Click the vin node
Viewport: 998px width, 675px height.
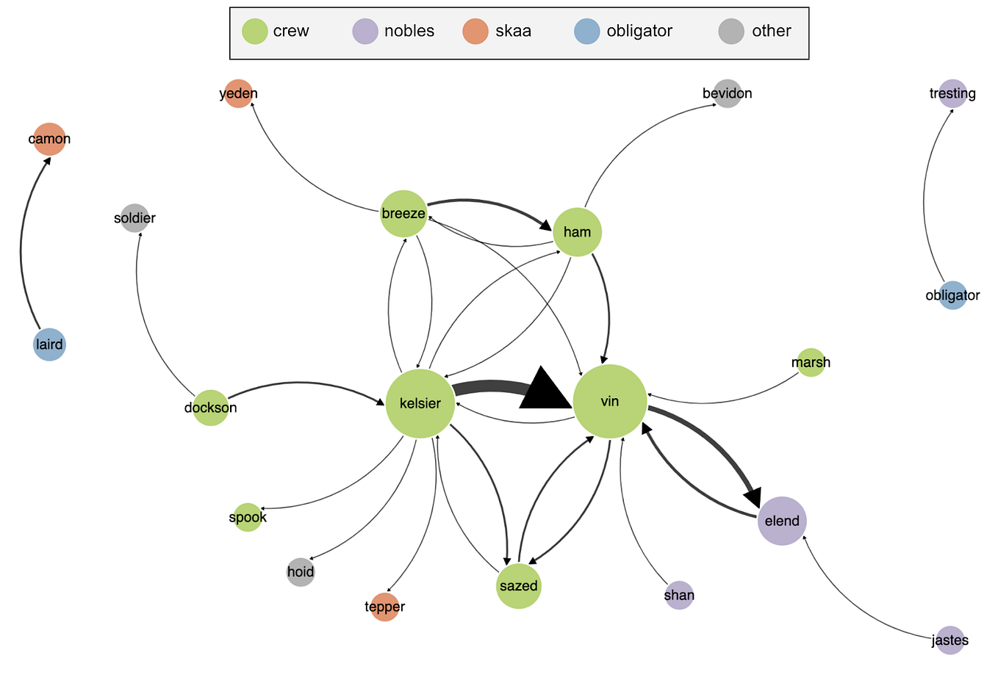click(x=609, y=401)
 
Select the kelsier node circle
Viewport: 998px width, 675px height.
click(x=420, y=403)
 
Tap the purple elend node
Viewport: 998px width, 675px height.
click(x=782, y=521)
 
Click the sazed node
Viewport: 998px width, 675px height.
click(x=518, y=586)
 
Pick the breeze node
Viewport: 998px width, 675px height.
click(x=403, y=214)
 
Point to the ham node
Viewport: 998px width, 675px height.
click(x=577, y=232)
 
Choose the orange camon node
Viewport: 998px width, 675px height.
click(x=49, y=139)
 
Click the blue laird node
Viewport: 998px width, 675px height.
click(x=49, y=344)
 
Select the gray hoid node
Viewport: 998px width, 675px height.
click(x=301, y=571)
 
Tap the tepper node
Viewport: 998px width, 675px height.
click(x=384, y=607)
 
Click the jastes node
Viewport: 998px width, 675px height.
click(x=950, y=640)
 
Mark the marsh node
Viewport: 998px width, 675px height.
click(x=811, y=362)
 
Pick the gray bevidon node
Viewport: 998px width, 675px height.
click(x=727, y=93)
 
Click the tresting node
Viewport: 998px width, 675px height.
click(x=952, y=93)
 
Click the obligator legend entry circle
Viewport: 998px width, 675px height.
click(x=586, y=31)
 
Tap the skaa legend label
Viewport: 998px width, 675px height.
click(x=513, y=31)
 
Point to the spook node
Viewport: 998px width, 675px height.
click(x=248, y=517)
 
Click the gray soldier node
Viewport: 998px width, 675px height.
click(x=134, y=218)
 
